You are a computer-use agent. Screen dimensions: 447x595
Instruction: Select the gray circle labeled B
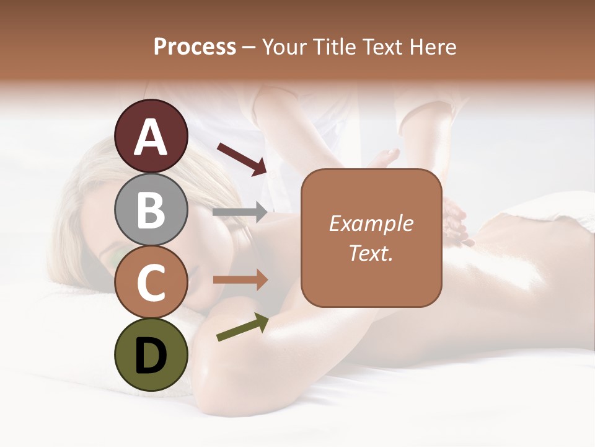[x=151, y=210]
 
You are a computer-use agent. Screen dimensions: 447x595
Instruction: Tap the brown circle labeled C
[x=151, y=282]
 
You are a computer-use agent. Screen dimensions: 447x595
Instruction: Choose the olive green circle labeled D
[x=151, y=355]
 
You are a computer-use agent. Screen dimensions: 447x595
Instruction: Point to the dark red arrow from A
[x=242, y=158]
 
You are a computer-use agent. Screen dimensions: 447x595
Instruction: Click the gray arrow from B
[x=240, y=212]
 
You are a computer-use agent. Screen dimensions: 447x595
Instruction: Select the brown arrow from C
[x=240, y=280]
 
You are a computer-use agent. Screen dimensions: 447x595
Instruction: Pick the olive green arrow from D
[x=242, y=327]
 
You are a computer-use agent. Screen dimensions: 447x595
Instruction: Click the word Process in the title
[x=195, y=47]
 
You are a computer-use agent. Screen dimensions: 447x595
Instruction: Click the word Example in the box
[x=371, y=223]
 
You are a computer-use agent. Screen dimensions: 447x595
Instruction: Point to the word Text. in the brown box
[x=371, y=253]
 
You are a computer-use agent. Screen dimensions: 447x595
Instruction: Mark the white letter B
[x=151, y=210]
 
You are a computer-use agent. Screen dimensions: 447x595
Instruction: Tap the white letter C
[x=151, y=282]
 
